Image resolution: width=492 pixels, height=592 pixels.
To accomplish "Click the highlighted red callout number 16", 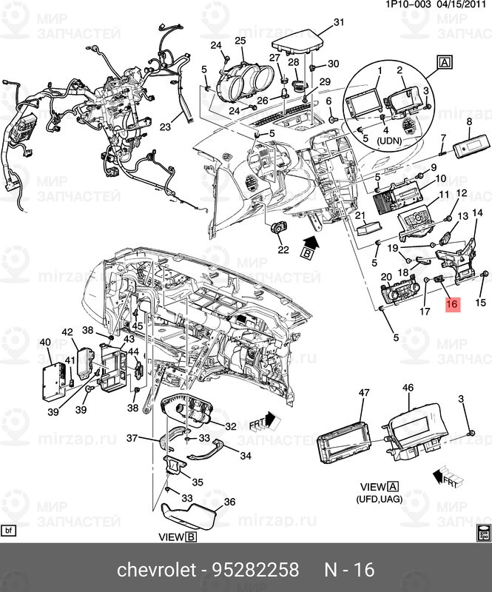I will tap(452, 303).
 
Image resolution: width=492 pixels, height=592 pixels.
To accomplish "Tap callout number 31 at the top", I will tap(338, 22).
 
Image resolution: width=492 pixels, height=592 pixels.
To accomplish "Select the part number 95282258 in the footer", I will tap(257, 569).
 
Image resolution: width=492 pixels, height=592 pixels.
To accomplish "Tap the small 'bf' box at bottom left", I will tap(10, 531).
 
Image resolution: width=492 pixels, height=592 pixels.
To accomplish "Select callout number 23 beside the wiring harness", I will tap(165, 127).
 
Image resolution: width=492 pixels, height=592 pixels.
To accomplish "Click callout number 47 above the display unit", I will tap(363, 392).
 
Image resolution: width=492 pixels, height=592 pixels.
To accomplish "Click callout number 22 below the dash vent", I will tap(283, 249).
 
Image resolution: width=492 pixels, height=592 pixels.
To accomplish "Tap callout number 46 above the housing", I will tap(408, 388).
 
